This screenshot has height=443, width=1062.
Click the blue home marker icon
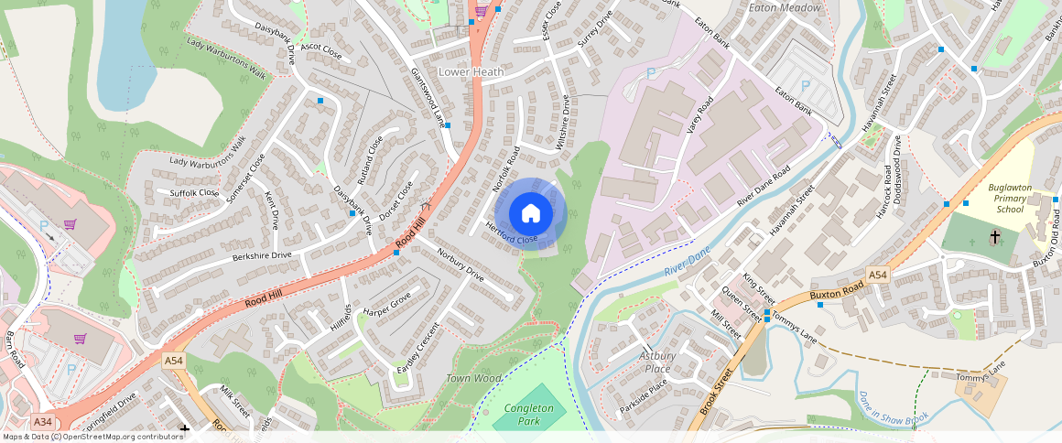[x=530, y=214]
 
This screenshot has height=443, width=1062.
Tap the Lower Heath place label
[x=472, y=71]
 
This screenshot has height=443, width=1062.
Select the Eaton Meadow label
[x=785, y=7]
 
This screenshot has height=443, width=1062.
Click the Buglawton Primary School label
[x=1010, y=198]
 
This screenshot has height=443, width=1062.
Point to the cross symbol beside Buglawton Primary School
[x=994, y=237]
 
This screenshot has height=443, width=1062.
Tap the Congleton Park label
[x=529, y=415]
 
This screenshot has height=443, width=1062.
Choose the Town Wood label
[x=473, y=378]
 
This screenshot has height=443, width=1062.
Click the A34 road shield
[x=42, y=422]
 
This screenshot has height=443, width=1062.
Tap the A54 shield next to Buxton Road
[x=878, y=275]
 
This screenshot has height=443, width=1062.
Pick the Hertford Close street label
[x=511, y=234]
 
